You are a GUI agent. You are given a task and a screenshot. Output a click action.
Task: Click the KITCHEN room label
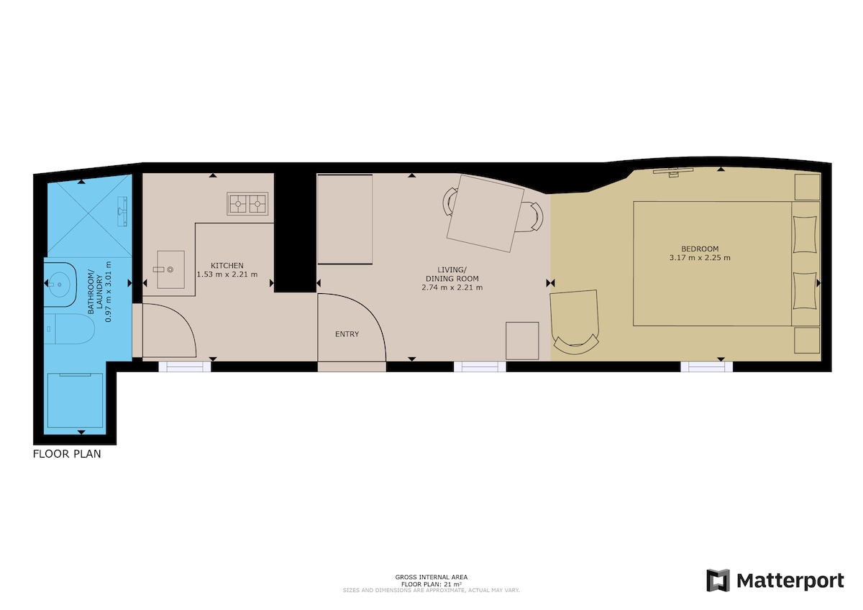click(x=227, y=266)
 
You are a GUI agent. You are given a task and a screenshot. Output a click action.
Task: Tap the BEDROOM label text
click(x=700, y=249)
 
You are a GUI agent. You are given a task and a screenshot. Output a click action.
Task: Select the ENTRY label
click(x=347, y=334)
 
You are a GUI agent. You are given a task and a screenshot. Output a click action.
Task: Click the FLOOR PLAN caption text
click(x=67, y=454)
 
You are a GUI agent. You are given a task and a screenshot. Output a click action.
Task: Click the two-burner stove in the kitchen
click(x=247, y=203)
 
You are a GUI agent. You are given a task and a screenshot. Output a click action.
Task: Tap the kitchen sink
click(x=170, y=269)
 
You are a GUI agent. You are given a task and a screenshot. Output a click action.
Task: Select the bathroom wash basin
click(x=60, y=285)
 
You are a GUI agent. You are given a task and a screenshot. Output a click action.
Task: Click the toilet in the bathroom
click(x=69, y=328)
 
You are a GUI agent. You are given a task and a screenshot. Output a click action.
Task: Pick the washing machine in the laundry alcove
click(x=75, y=400)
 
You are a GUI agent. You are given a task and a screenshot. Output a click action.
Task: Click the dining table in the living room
click(x=485, y=213)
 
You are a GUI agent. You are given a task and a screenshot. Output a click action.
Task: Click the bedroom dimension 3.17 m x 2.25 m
click(x=700, y=258)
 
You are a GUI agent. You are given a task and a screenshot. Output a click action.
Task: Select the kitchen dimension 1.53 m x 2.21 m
click(x=227, y=274)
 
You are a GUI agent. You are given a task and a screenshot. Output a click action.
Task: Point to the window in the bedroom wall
click(x=706, y=366)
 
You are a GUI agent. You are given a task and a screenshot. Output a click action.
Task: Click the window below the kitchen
click(x=185, y=366)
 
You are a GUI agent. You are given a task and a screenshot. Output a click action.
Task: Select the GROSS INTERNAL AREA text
click(x=431, y=577)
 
